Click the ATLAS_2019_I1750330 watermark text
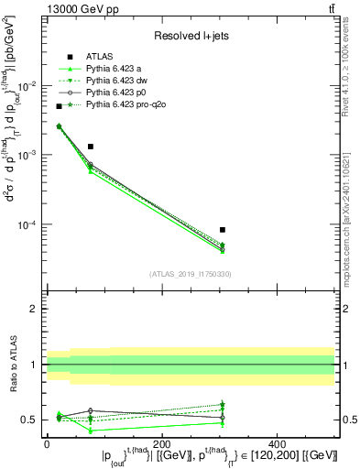190,274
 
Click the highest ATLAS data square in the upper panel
59,106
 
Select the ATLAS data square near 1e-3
90,147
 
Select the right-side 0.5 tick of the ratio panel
348,420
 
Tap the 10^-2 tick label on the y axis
27,85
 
